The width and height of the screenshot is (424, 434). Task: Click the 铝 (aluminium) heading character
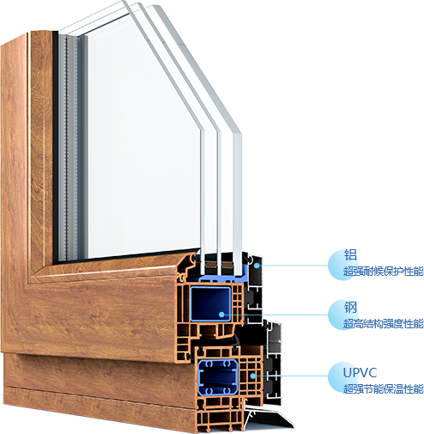350,255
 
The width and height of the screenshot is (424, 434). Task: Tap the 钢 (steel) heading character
350,308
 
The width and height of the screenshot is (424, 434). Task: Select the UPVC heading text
360,372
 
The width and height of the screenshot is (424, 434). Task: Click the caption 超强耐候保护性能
383,272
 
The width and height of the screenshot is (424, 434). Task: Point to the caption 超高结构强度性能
383,324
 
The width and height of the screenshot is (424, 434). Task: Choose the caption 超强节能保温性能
383,388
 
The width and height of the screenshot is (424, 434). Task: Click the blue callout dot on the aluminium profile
257,266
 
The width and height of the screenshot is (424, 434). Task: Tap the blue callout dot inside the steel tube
221,315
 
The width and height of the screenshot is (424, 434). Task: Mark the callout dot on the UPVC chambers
252,376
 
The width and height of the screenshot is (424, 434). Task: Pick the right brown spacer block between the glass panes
227,265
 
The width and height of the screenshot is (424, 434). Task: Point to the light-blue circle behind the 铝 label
342,265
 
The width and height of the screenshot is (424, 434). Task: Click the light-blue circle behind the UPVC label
342,376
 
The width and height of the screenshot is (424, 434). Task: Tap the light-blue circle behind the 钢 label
342,315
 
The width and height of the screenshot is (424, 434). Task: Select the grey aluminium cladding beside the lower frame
273,364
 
